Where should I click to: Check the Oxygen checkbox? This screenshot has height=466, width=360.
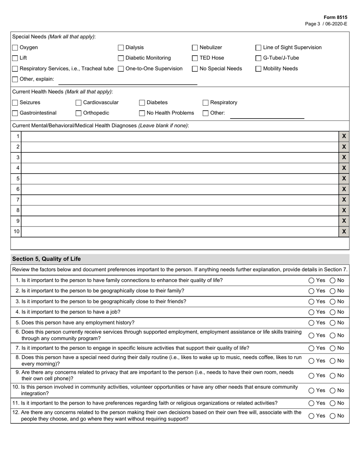[15, 48]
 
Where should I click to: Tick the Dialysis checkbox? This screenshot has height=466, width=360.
[121, 48]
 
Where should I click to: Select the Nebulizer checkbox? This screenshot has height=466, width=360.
[195, 48]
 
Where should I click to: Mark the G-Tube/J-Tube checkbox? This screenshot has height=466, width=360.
[258, 58]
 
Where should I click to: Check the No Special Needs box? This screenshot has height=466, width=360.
[195, 69]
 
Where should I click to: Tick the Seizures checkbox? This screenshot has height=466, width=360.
[15, 103]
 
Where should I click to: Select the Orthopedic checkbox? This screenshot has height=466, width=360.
[79, 113]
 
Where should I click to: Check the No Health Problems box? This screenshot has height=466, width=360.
[142, 113]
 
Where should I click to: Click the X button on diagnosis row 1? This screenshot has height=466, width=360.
[344, 136]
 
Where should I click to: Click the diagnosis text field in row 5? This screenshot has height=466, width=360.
[180, 179]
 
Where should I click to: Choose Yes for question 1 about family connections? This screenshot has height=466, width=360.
[311, 281]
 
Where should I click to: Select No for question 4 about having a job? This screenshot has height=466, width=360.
[332, 312]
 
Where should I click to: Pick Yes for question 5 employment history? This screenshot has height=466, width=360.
[311, 323]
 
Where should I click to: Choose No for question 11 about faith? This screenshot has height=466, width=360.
[332, 403]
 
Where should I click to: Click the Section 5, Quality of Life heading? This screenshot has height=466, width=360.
[47, 259]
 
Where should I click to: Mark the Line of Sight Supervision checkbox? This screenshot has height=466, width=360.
[258, 48]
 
